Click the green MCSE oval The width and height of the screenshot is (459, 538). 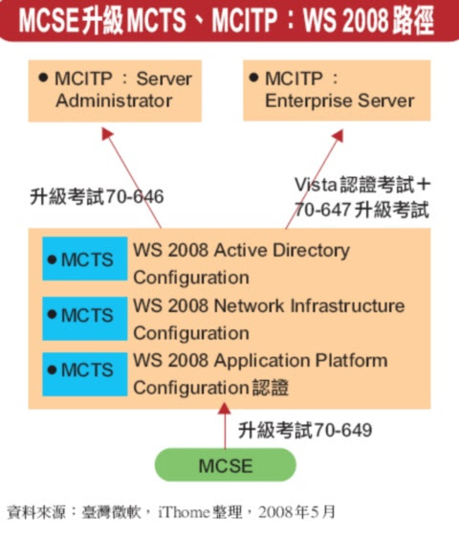226,465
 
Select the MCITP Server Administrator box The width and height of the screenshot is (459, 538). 115,91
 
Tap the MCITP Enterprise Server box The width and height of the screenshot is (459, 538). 337,90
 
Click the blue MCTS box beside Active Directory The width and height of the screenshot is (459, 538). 85,258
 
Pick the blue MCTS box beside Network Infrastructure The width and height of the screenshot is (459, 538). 85,319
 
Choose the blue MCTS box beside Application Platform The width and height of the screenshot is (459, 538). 85,374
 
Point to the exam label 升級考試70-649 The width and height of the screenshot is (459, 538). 305,430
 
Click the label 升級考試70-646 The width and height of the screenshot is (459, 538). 97,196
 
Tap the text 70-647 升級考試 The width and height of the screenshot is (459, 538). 361,210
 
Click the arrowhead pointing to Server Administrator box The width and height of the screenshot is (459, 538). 107,133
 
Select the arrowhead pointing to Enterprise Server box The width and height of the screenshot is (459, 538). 338,135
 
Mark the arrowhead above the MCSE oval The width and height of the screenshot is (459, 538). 225,409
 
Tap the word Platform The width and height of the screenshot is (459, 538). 351,361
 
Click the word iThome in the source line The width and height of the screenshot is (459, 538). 184,512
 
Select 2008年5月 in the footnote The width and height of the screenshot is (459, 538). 296,512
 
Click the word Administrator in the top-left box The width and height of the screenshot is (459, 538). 114,101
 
